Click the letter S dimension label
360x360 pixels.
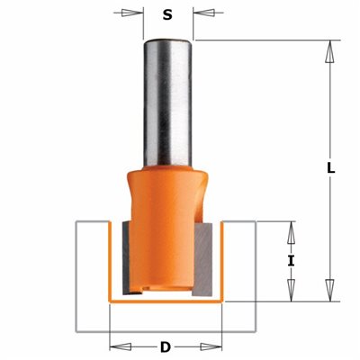(167, 14)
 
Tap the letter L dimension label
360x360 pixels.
(330, 169)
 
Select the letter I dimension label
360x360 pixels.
(291, 261)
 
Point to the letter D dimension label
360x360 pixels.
(166, 347)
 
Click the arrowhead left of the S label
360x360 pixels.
(132, 13)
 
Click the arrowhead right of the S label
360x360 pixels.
(204, 13)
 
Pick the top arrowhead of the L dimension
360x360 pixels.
(330, 51)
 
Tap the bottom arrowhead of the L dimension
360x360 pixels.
(330, 290)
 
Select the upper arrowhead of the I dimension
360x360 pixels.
(291, 232)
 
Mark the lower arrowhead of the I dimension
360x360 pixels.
(291, 290)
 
